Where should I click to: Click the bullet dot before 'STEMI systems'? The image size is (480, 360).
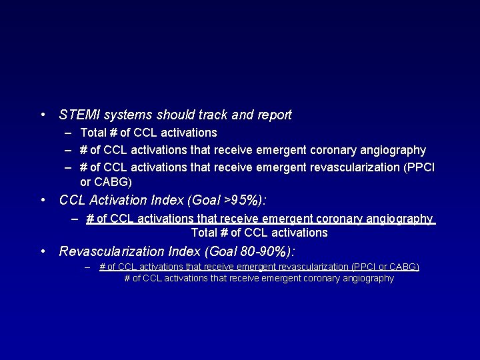tap(43, 115)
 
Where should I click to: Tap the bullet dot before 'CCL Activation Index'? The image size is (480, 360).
tap(43, 200)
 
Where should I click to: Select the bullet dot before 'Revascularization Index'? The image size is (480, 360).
tap(43, 251)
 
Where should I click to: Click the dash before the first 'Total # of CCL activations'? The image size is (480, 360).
tap(69, 133)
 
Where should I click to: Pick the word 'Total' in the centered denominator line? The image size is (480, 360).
tap(204, 233)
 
